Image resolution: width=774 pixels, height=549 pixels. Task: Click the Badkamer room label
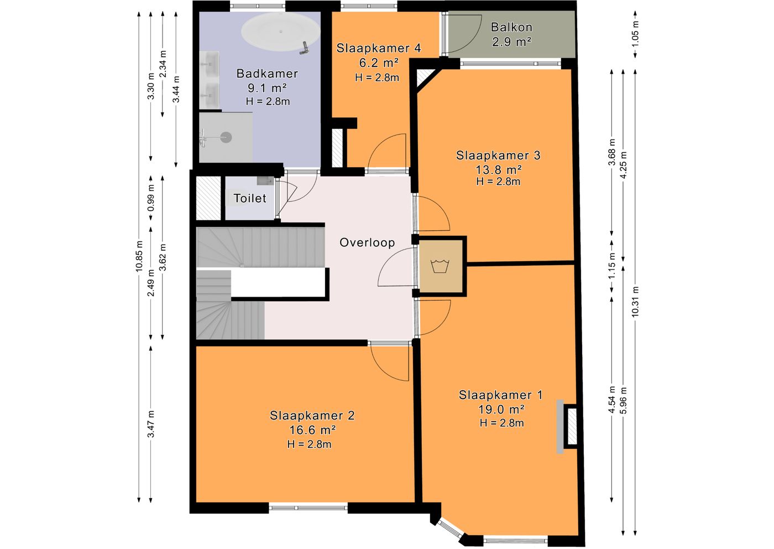tap(267, 74)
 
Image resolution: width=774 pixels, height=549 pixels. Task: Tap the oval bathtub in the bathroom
tap(280, 32)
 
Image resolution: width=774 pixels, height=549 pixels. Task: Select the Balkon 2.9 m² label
tap(511, 35)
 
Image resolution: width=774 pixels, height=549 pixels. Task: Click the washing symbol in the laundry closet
tap(440, 266)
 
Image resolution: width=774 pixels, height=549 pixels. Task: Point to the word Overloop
tap(367, 242)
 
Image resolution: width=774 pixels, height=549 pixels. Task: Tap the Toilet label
tap(250, 198)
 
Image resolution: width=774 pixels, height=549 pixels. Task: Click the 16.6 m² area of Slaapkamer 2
tap(312, 430)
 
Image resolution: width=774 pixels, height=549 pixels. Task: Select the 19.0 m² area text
tap(501, 410)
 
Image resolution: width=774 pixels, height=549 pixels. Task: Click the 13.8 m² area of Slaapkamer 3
tap(499, 170)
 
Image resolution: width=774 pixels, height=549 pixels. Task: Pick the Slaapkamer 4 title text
tap(379, 49)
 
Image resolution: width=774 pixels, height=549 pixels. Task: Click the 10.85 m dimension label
tap(139, 256)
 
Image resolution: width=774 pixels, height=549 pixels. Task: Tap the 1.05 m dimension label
tap(635, 35)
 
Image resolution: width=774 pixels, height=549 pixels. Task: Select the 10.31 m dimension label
tap(635, 302)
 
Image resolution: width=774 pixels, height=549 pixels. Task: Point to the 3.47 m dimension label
tap(150, 424)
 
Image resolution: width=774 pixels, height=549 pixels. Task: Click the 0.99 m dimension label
tap(150, 198)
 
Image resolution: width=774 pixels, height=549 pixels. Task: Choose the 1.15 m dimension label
tap(612, 266)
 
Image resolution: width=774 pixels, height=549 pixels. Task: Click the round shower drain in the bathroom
tap(226, 137)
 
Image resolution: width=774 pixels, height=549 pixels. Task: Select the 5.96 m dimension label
tap(624, 401)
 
